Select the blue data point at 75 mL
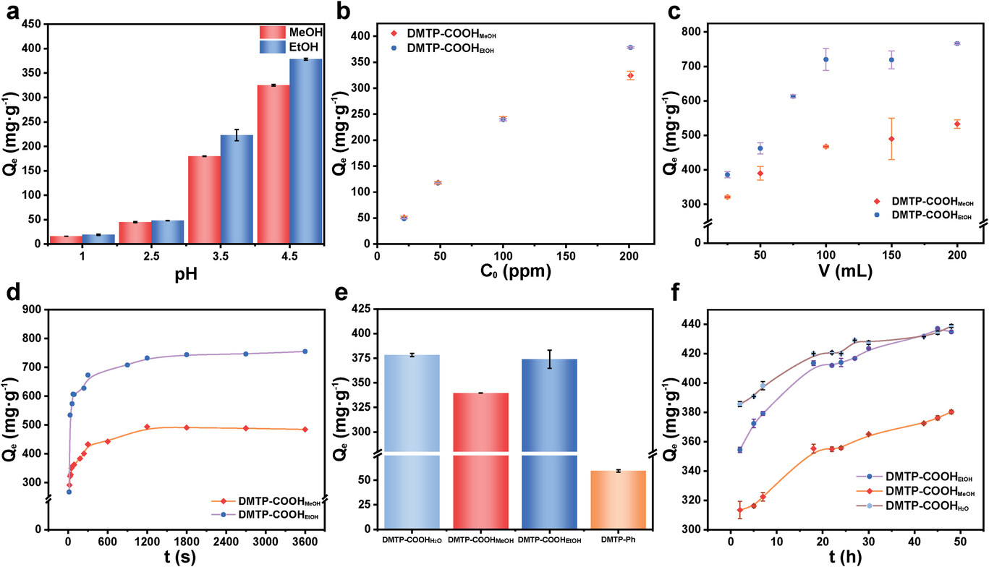pos(793,96)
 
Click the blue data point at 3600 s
pos(305,351)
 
